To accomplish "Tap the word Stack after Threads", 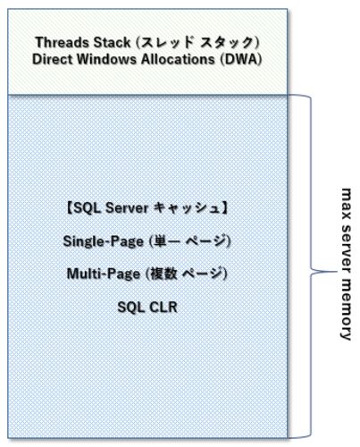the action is coord(109,42).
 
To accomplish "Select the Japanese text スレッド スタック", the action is coord(197,43).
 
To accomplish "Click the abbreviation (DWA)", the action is coord(241,59).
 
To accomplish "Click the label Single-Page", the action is coord(104,241).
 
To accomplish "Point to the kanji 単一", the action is coord(164,240).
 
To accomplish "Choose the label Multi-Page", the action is coord(104,274).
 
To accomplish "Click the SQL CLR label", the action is coord(147,307).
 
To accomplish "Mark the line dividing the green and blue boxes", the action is coord(147,95).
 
